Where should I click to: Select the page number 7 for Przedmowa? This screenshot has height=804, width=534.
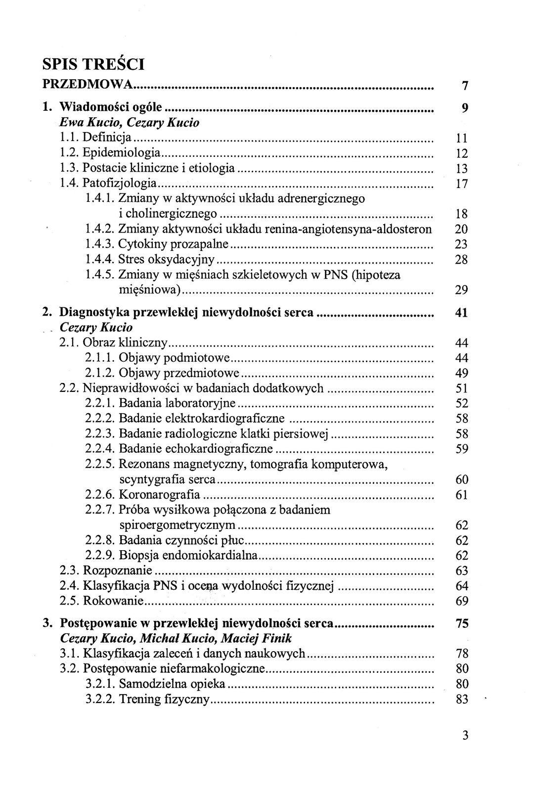point(464,86)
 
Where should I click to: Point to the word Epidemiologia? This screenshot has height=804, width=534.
point(122,152)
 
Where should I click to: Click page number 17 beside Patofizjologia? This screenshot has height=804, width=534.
point(461,184)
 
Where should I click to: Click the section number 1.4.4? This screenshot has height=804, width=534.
point(100,260)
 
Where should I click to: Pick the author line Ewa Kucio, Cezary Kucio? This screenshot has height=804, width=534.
point(129,122)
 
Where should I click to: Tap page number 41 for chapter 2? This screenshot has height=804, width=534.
point(461,313)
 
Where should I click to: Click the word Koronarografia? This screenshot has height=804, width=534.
point(160,495)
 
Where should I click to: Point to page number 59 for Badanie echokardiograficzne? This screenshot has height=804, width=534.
point(461,449)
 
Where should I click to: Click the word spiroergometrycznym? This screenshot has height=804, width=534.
point(178,525)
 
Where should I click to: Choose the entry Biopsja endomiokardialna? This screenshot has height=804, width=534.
point(188,556)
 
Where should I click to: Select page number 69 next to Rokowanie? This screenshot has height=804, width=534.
point(461,602)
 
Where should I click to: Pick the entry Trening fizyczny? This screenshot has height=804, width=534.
point(165,700)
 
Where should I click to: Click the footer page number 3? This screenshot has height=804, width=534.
point(464,735)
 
